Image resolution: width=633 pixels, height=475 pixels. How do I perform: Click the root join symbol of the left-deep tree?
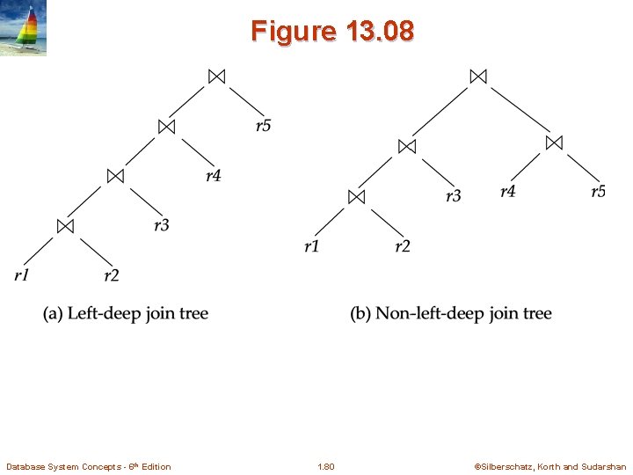(x=216, y=77)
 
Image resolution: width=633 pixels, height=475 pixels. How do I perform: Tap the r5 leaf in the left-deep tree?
(x=264, y=126)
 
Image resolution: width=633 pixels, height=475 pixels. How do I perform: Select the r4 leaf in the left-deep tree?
(x=214, y=176)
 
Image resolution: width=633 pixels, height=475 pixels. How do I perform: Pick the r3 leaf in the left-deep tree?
(x=162, y=226)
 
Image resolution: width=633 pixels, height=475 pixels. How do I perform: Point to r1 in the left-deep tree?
(x=22, y=276)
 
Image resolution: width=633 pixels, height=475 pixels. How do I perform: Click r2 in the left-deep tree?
(x=112, y=276)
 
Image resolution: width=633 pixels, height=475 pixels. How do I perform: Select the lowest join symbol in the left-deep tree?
(x=65, y=226)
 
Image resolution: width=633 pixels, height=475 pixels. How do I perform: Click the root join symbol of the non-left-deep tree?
(x=477, y=77)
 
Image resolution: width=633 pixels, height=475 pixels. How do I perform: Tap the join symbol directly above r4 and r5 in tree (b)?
(x=553, y=142)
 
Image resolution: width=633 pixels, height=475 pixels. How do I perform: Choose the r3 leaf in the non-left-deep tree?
(x=453, y=196)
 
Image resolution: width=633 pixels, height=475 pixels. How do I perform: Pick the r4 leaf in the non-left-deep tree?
(x=508, y=191)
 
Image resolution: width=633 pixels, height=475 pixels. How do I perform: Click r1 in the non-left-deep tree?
(x=312, y=246)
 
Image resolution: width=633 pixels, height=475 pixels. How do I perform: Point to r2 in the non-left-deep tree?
(x=403, y=246)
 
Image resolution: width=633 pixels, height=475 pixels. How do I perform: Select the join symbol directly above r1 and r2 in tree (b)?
(x=356, y=196)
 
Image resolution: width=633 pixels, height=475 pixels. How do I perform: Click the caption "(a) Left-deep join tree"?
(x=126, y=314)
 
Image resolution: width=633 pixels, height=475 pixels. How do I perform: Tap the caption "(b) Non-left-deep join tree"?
(x=451, y=314)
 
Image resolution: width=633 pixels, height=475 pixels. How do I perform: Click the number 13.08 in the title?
(x=380, y=33)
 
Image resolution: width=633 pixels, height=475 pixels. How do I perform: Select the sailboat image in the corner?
(x=24, y=28)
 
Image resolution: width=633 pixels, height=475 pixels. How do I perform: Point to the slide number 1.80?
(x=325, y=466)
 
